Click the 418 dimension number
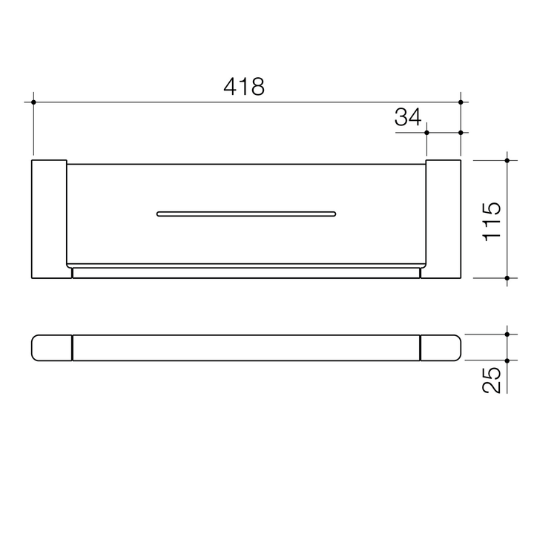tap(244, 87)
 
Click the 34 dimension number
tap(407, 117)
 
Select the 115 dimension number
tap(492, 220)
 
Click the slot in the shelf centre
tap(246, 214)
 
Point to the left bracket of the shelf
tap(49, 219)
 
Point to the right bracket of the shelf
tap(444, 219)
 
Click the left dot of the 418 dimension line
tap(33, 102)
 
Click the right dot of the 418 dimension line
tap(461, 102)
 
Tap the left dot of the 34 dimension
tap(427, 133)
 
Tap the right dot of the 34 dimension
tap(461, 133)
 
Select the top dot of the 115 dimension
tap(507, 159)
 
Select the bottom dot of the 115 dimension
tap(507, 278)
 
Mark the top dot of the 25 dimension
tap(507, 334)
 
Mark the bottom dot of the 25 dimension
tap(507, 360)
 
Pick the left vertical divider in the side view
tap(72, 347)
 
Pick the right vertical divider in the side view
tap(421, 347)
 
